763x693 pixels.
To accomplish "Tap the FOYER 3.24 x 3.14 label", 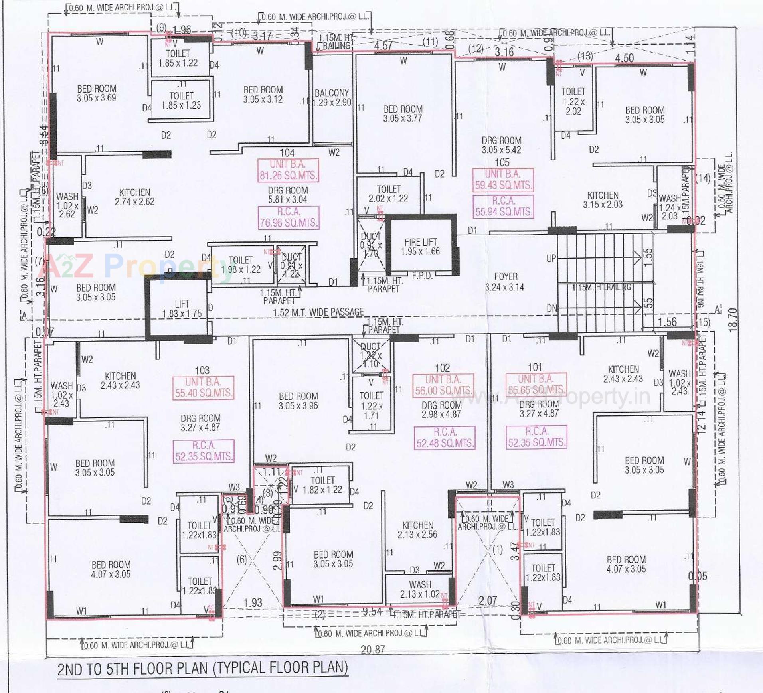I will [504, 282].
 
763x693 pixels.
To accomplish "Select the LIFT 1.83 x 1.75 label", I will [182, 309].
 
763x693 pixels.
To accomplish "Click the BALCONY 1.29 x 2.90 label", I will [332, 98].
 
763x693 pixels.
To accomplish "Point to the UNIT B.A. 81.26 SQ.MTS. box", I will [288, 170].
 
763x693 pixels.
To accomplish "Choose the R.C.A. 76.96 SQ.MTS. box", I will [289, 217].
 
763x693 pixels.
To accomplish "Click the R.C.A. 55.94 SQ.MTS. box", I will [503, 206].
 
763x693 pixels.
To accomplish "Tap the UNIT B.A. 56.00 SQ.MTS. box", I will [443, 385].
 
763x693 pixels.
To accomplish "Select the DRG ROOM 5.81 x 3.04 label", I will [288, 195].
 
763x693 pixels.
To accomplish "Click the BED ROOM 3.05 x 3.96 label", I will [298, 401].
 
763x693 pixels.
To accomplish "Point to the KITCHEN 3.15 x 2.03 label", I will [603, 200].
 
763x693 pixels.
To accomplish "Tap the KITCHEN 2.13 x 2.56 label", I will [417, 530].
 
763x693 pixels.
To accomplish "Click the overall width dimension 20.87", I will [373, 650].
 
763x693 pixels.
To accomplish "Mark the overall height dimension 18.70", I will [733, 320].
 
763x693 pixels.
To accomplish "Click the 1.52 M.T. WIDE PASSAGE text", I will [318, 312].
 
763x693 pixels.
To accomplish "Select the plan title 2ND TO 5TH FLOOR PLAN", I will [202, 668].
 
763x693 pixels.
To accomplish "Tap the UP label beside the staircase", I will [551, 259].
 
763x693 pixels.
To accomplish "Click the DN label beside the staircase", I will [551, 308].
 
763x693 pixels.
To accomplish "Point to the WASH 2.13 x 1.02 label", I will [420, 589].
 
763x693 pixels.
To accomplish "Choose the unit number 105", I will [502, 162].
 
